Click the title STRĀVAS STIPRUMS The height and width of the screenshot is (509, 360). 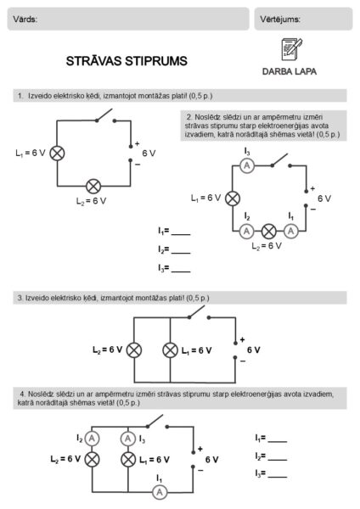point(127,61)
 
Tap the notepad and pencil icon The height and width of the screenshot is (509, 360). point(291,49)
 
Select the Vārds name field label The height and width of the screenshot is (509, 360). point(25,20)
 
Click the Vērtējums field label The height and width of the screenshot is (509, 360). point(280,20)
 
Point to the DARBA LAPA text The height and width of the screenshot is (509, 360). point(290,71)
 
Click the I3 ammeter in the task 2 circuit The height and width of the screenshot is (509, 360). point(247,166)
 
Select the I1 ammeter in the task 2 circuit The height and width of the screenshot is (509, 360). point(290,231)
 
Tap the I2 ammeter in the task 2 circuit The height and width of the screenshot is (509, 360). point(246,231)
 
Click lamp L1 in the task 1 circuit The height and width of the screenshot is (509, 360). point(57,154)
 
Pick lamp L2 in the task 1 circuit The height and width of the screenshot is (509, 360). point(93,187)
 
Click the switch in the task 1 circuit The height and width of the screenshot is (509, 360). point(105,116)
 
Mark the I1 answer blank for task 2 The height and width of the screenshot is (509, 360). point(181,234)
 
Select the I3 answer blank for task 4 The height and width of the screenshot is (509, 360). point(278,477)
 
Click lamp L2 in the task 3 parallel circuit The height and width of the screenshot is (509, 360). point(134,350)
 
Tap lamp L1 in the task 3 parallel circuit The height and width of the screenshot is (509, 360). point(170,350)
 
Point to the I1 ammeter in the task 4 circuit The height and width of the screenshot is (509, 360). point(160,492)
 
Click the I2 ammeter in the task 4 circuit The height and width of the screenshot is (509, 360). point(92,439)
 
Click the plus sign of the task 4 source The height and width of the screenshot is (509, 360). point(200,449)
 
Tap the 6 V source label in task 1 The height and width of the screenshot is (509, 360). point(149,154)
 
